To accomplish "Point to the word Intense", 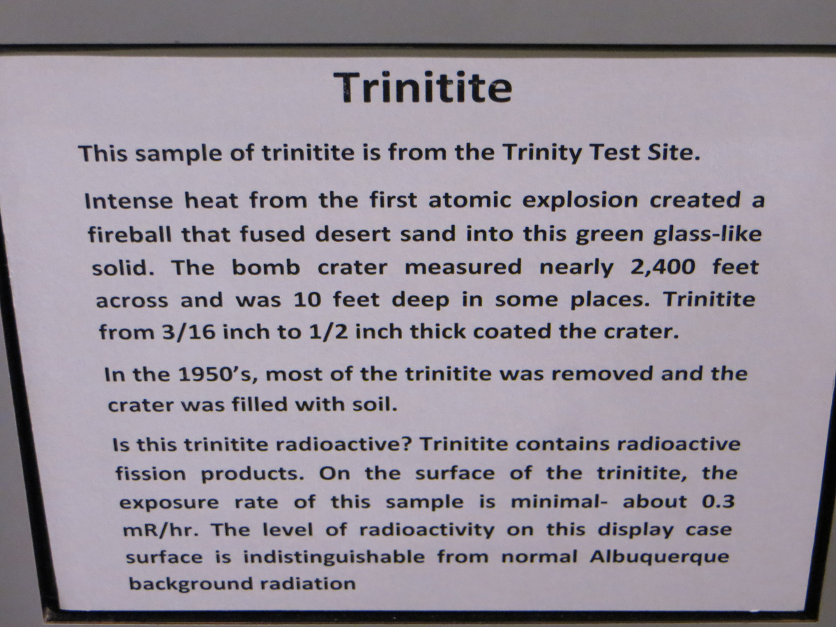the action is click(129, 201).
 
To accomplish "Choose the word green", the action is click(609, 235).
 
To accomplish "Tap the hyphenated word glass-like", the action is click(707, 234).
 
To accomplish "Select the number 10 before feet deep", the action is click(308, 300).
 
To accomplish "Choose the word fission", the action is click(151, 473).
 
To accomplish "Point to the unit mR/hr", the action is click(161, 530).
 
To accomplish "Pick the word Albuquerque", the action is click(659, 557).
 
